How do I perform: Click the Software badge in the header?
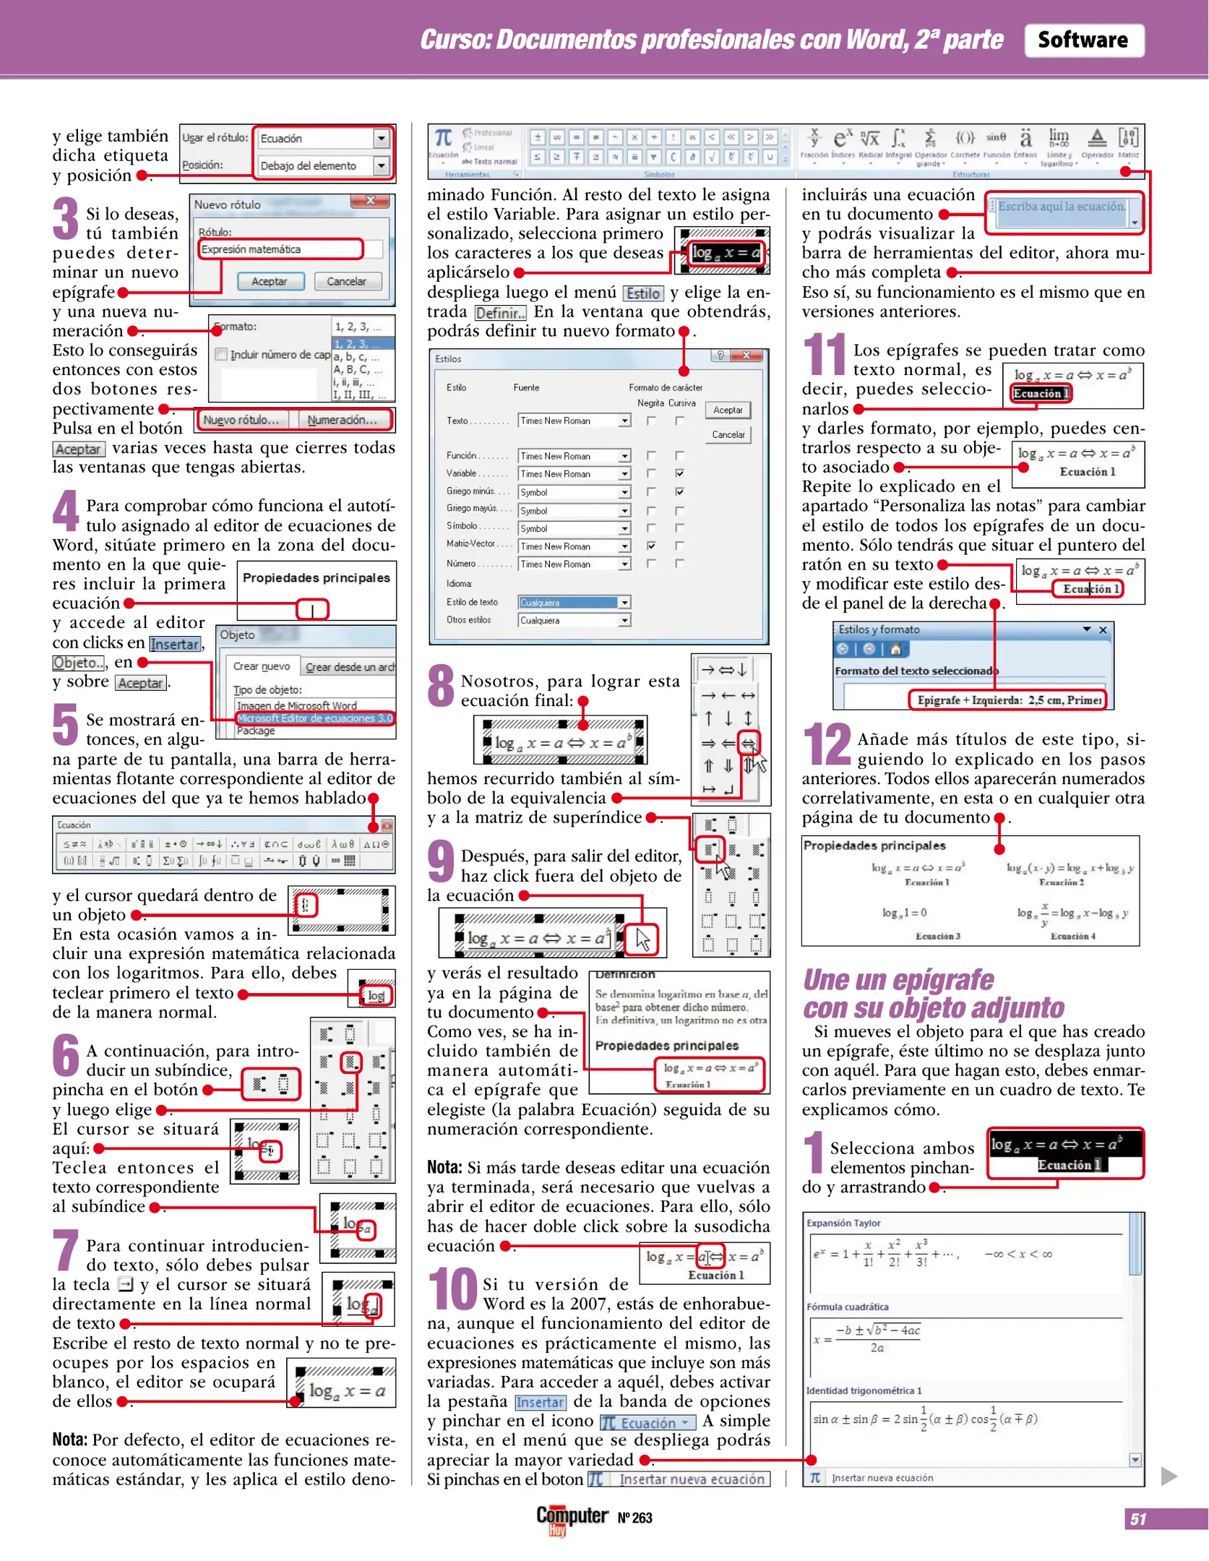pyautogui.click(x=1083, y=40)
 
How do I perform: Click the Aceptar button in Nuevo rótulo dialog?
pyautogui.click(x=269, y=281)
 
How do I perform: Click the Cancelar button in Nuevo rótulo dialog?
pyautogui.click(x=346, y=281)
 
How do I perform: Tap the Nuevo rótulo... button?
pyautogui.click(x=241, y=420)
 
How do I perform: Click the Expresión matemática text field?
pyautogui.click(x=280, y=249)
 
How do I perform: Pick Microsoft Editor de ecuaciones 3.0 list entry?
pyautogui.click(x=314, y=718)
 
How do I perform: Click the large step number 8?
pyautogui.click(x=441, y=687)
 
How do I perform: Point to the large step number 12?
pyautogui.click(x=827, y=744)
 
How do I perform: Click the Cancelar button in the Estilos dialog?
pyautogui.click(x=728, y=434)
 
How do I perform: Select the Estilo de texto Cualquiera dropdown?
pyautogui.click(x=574, y=602)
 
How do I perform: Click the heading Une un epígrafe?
pyautogui.click(x=898, y=980)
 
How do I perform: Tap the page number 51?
pyautogui.click(x=1138, y=1518)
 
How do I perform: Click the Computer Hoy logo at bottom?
pyautogui.click(x=571, y=1518)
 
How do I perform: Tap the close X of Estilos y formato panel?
pyautogui.click(x=1103, y=629)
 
